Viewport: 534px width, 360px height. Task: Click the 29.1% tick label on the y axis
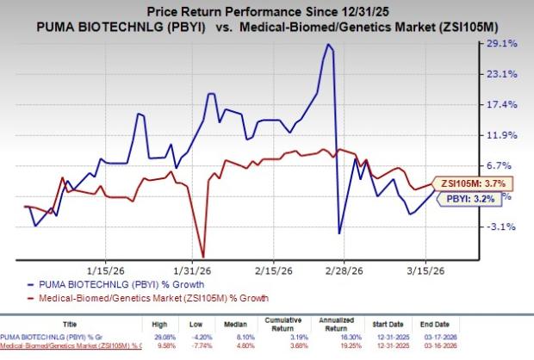click(x=501, y=44)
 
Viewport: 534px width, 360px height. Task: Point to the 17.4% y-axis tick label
click(x=501, y=105)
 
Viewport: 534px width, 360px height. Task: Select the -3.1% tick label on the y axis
click(x=501, y=227)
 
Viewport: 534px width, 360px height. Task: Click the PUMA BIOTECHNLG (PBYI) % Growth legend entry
click(x=102, y=282)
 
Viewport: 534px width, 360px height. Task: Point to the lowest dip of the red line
click(x=202, y=256)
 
